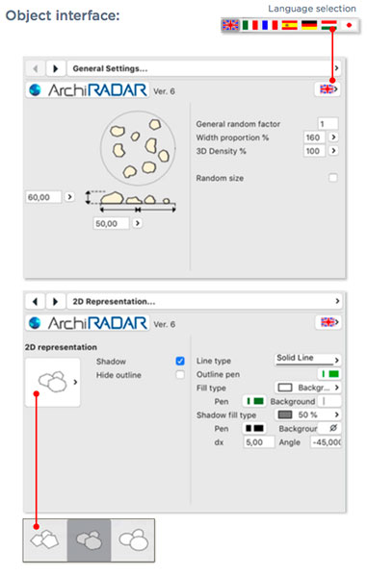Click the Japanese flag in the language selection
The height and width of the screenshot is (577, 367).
[x=349, y=25]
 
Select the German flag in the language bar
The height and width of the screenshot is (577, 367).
[x=309, y=25]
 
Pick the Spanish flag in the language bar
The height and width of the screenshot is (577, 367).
[x=289, y=25]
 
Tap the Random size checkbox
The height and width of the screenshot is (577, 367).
[x=332, y=178]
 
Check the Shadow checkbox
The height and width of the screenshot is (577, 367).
[x=180, y=361]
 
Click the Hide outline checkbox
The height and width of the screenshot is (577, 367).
[x=180, y=375]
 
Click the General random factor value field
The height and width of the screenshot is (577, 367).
[x=328, y=124]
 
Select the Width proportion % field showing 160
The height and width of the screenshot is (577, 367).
[x=314, y=138]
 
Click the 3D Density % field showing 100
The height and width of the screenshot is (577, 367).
[x=314, y=151]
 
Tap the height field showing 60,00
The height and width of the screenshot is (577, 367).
[x=43, y=197]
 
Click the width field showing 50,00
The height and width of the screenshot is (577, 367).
[x=111, y=223]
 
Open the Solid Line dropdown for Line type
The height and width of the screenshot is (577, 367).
[x=307, y=359]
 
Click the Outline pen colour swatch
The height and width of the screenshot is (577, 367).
[x=329, y=374]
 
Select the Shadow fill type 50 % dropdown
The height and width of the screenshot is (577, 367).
[x=307, y=414]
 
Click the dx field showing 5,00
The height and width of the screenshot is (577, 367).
[x=259, y=442]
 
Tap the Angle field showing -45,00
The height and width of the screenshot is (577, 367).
[x=326, y=442]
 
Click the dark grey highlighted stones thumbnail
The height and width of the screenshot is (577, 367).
[x=89, y=540]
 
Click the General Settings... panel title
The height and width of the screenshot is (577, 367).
[x=110, y=68]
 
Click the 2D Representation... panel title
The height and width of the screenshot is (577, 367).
[x=114, y=301]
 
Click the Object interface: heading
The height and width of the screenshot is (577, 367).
[x=63, y=15]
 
